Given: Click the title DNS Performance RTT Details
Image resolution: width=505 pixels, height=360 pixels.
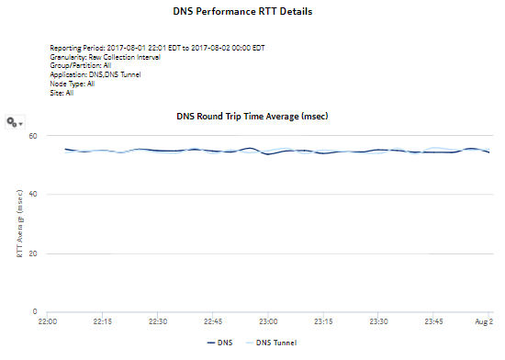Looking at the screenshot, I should click(x=252, y=12).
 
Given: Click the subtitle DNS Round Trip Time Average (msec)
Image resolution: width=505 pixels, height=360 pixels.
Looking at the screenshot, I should click(x=252, y=117).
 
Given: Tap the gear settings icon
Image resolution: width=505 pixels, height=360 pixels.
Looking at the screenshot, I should click(x=13, y=122).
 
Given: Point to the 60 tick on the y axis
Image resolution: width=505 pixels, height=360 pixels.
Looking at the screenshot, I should click(x=33, y=135).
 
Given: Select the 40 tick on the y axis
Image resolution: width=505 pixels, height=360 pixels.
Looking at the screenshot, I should click(x=33, y=194).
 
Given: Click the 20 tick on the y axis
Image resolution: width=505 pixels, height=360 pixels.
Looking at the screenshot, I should click(x=33, y=253).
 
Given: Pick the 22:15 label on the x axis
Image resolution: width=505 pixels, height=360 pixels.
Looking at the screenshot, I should click(x=102, y=322).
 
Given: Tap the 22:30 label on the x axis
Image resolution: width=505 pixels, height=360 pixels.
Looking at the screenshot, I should click(x=157, y=322).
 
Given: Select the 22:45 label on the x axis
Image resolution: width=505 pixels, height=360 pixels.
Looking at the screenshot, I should click(x=212, y=322).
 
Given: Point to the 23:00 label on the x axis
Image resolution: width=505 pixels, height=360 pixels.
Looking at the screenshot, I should click(x=268, y=322).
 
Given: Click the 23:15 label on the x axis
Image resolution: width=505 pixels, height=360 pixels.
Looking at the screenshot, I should click(x=323, y=322).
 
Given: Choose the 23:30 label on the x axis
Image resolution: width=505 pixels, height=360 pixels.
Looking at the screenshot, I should click(x=378, y=322).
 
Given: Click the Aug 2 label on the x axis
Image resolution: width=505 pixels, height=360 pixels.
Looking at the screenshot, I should click(x=484, y=322).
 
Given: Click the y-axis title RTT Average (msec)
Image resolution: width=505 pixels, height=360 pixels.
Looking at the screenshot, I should click(x=19, y=223).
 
